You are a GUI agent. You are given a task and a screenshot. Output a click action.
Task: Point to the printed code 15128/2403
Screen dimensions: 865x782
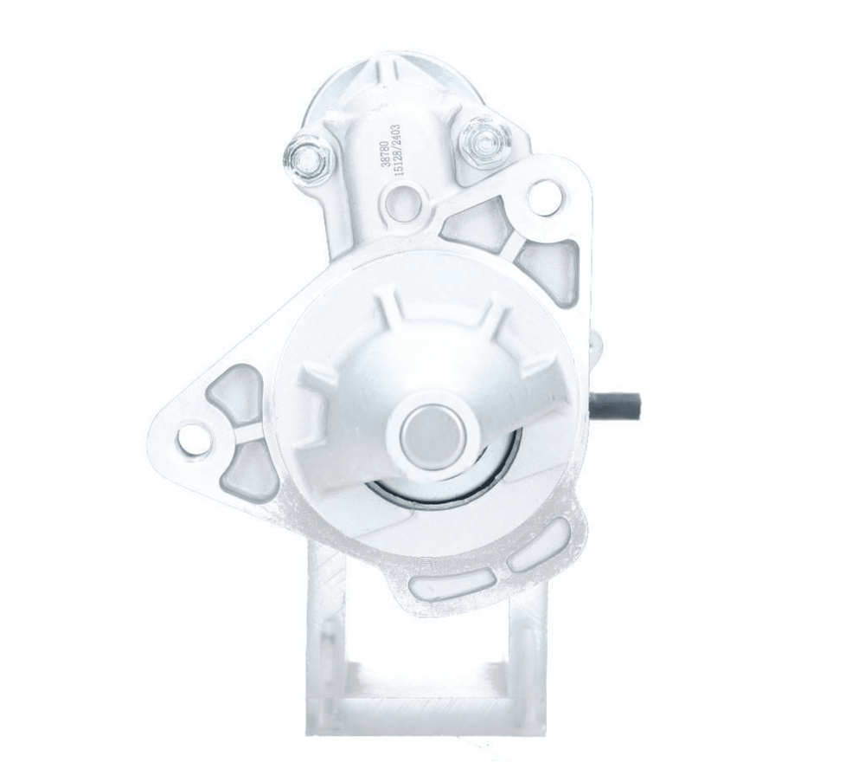[398, 150]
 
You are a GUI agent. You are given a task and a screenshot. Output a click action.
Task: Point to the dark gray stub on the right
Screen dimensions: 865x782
[616, 405]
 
